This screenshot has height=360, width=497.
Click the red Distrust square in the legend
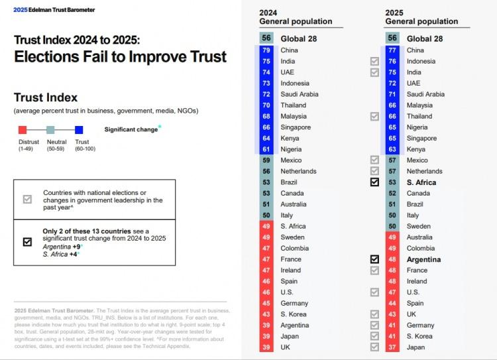click(23, 129)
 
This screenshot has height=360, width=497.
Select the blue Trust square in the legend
click(79, 129)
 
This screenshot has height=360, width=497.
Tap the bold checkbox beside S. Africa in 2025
click(375, 182)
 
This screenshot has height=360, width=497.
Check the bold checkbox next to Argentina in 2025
click(375, 259)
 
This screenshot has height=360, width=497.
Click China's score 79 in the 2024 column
click(266, 50)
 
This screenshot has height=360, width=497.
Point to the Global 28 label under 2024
click(298, 38)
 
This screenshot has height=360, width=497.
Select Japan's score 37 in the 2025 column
click(392, 347)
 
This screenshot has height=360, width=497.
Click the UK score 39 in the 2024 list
click(266, 347)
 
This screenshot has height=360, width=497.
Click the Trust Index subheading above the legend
click(45, 98)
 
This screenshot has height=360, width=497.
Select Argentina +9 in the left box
click(61, 246)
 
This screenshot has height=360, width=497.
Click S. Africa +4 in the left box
click(61, 254)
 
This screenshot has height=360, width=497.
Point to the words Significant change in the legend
click(131, 129)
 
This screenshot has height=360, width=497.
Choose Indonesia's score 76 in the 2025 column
click(392, 61)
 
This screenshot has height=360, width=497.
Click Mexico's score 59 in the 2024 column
click(266, 160)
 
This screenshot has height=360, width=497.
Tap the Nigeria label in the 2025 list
click(418, 127)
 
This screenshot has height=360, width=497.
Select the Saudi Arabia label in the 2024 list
click(300, 94)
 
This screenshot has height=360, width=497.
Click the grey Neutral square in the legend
click(50, 129)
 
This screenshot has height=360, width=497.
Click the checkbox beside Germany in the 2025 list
click(375, 326)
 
